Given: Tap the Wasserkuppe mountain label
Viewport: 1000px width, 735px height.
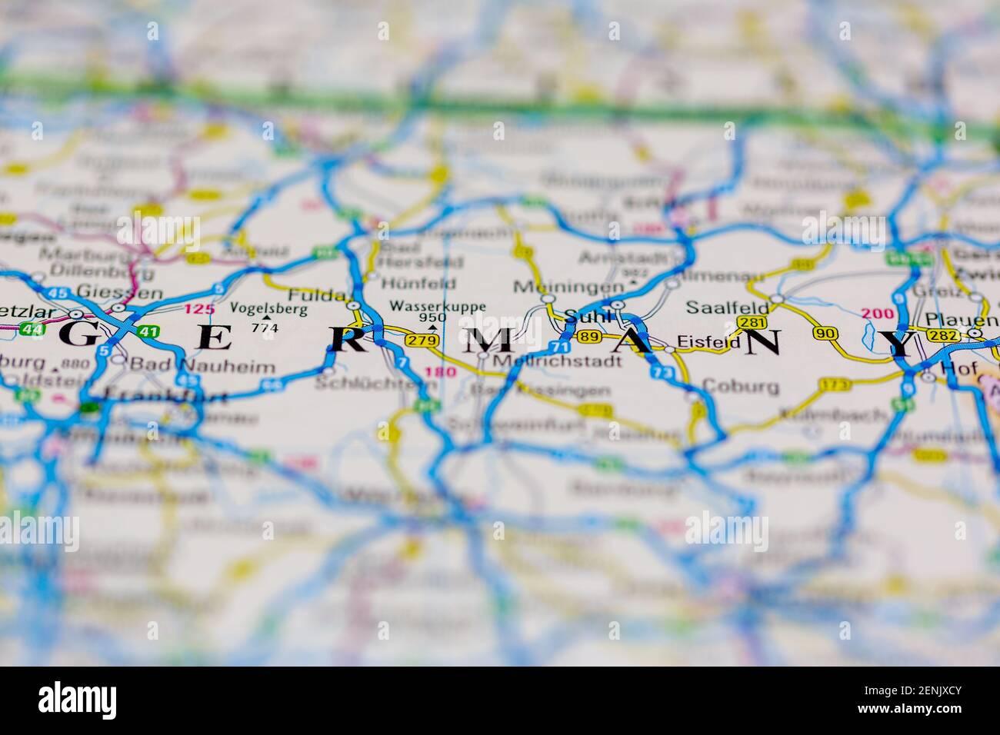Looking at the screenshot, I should point(438,306).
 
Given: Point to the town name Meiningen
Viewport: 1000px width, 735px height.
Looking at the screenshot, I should point(568,288).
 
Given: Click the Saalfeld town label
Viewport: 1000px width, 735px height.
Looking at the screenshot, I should point(718,306).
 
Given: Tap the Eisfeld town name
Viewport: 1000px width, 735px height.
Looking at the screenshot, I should point(708,343).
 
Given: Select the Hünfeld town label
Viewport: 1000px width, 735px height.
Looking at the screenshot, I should point(418,283).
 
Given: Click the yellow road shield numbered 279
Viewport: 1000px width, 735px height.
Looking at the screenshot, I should point(422,341).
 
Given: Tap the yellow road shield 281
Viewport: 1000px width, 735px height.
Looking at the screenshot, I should point(752,323).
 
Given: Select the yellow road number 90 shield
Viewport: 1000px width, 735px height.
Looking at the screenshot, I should point(825,333).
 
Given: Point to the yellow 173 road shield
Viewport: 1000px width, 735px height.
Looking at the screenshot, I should point(835,384).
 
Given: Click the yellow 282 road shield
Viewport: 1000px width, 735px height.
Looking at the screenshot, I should point(942,336).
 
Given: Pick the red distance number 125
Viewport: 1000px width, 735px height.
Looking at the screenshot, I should point(198,309).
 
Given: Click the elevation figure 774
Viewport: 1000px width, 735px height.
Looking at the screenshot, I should point(265,328).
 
